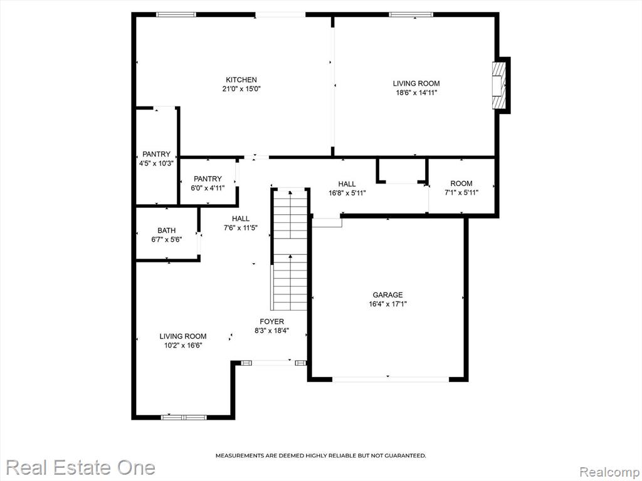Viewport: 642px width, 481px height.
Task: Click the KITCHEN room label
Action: click(x=241, y=80)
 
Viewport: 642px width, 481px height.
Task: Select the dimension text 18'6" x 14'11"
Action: click(x=416, y=93)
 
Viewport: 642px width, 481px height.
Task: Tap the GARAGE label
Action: click(x=387, y=295)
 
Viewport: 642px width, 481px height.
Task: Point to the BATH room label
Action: click(x=166, y=230)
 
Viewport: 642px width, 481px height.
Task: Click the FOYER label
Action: click(x=271, y=321)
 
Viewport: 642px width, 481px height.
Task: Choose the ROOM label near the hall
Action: click(x=461, y=184)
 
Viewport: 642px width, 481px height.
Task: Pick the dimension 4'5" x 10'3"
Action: click(x=156, y=163)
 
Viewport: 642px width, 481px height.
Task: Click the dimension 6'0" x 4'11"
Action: click(x=208, y=188)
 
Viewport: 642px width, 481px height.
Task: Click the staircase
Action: click(x=290, y=249)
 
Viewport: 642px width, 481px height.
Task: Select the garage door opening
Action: click(x=390, y=379)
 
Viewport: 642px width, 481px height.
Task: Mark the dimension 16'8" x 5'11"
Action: click(x=347, y=193)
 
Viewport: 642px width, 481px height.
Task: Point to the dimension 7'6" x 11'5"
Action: click(x=240, y=228)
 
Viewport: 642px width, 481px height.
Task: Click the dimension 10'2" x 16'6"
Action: click(x=182, y=346)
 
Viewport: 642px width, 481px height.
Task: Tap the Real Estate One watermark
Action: click(x=81, y=467)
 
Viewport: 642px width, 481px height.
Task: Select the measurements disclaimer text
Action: click(x=320, y=455)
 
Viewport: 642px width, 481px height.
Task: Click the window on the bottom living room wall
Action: click(x=184, y=417)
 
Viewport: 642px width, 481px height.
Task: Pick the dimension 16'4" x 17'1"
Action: click(x=387, y=304)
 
